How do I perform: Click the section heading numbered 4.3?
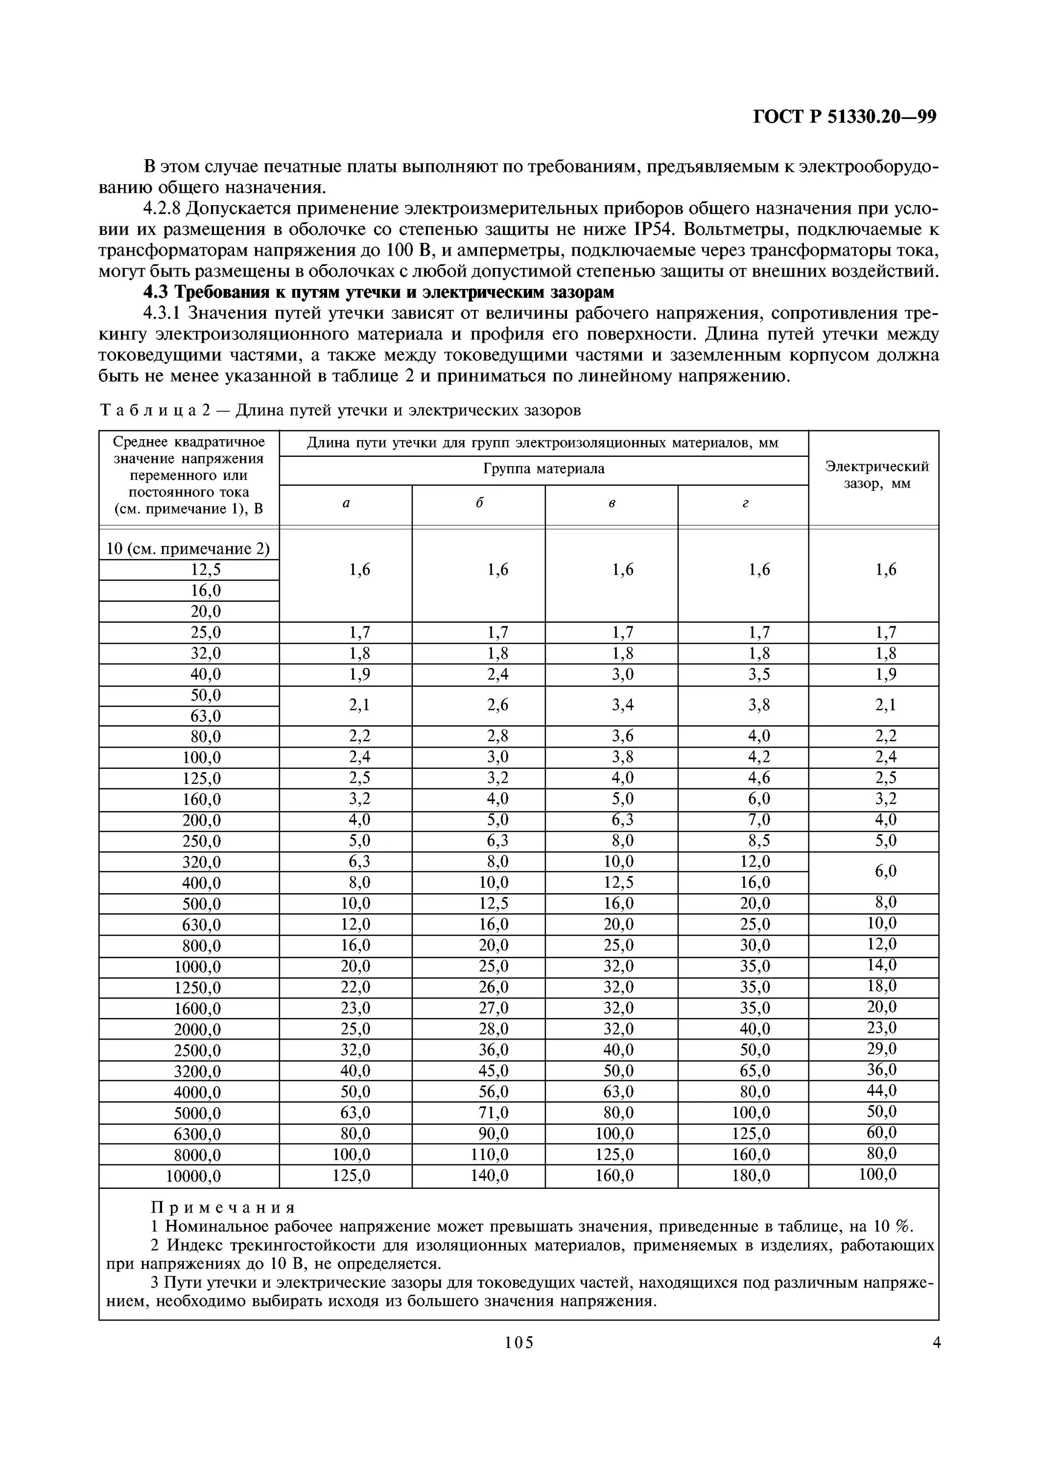click(x=378, y=292)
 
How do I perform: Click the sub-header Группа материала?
click(x=543, y=469)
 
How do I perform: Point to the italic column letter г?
click(x=744, y=503)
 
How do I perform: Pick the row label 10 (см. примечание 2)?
click(x=188, y=549)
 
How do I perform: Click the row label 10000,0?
click(x=193, y=1176)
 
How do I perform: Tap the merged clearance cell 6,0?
click(x=886, y=872)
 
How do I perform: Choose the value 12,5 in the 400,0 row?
click(x=618, y=883)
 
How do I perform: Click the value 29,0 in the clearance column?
click(x=881, y=1049)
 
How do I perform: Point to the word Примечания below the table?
click(x=223, y=1208)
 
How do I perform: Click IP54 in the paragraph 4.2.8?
click(x=654, y=229)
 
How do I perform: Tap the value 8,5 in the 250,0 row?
click(x=759, y=841)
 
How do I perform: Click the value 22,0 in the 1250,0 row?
click(x=355, y=987)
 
